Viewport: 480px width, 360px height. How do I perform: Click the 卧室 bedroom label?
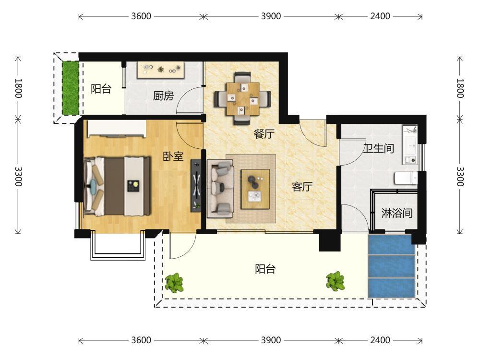click(173, 156)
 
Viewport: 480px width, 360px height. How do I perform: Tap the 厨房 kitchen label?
click(164, 96)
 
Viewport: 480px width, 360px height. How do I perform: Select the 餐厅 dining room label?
click(264, 134)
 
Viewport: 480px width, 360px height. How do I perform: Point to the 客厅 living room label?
click(302, 186)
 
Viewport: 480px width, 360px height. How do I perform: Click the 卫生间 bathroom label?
click(379, 148)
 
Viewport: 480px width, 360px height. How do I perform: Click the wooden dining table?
click(242, 98)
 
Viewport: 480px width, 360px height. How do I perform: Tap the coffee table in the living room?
click(255, 189)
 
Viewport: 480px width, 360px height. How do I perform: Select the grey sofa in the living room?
click(220, 189)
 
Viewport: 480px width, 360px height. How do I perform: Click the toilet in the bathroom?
click(406, 178)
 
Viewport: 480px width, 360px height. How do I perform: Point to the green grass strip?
click(71, 88)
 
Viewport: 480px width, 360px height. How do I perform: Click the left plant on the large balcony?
click(174, 282)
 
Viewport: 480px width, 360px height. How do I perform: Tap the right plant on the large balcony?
click(336, 281)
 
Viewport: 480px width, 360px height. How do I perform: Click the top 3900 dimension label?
click(271, 16)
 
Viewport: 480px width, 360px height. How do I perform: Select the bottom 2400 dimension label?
click(380, 340)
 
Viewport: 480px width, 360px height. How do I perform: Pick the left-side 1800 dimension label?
click(18, 88)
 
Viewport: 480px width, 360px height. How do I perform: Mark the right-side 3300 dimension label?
click(460, 177)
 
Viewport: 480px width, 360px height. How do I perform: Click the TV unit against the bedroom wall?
click(196, 185)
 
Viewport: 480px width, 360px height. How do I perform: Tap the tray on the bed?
click(133, 186)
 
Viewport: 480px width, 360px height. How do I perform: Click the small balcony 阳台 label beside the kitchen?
click(101, 89)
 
